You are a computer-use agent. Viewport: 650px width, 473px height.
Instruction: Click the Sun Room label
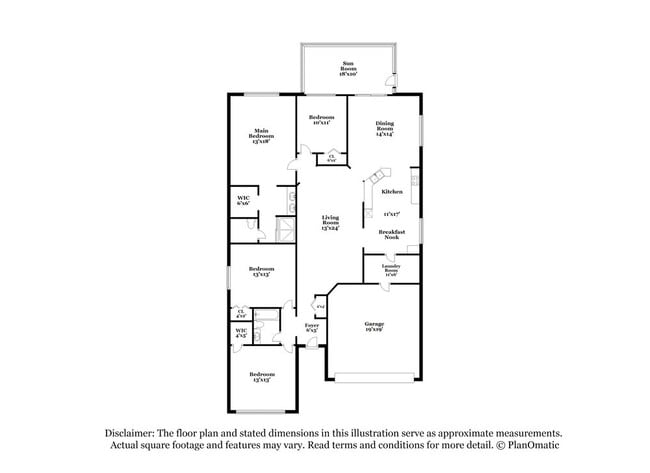349,69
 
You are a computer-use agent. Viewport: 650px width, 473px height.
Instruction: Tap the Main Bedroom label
260,136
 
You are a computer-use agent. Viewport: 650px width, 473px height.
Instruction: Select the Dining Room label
384,127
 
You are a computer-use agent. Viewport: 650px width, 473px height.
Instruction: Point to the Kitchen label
391,191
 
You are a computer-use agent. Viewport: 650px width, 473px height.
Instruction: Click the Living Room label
330,223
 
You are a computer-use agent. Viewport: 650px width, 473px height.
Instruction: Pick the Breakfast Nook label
391,234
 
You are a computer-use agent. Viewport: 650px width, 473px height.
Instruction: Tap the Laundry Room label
391,270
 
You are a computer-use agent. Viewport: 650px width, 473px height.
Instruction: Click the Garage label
374,327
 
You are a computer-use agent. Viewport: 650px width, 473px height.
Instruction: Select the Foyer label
311,327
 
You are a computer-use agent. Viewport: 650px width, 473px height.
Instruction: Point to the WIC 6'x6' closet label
243,200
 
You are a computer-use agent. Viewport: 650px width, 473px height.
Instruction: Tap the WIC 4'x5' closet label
241,333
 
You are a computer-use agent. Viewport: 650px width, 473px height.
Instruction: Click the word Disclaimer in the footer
133,433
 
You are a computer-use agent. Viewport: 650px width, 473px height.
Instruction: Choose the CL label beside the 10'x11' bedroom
331,157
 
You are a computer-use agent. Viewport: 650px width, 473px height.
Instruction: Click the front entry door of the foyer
311,347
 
